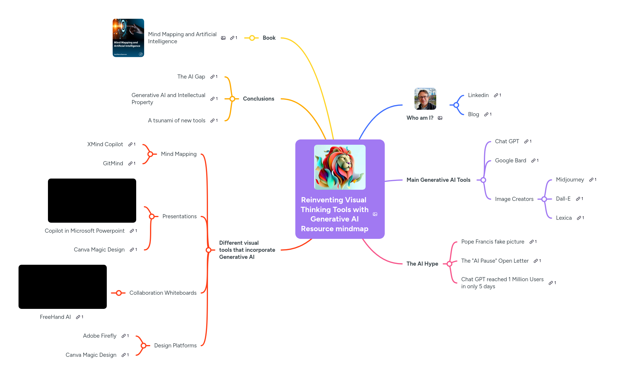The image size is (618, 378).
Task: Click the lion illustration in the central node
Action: pyautogui.click(x=340, y=167)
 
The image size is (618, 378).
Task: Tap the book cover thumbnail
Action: pyautogui.click(x=128, y=38)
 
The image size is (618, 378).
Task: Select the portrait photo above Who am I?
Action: pyautogui.click(x=425, y=99)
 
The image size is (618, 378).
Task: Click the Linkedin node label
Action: pyautogui.click(x=478, y=95)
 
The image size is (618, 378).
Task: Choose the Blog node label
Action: pyautogui.click(x=473, y=114)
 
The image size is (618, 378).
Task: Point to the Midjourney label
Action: pyautogui.click(x=570, y=180)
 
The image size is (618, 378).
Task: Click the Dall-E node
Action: pyautogui.click(x=563, y=199)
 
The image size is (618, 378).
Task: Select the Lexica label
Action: pyautogui.click(x=564, y=218)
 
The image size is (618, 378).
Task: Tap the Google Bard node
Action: pyautogui.click(x=510, y=161)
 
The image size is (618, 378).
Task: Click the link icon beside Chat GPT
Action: pyautogui.click(x=526, y=141)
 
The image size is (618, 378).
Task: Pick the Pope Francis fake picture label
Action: pyautogui.click(x=492, y=242)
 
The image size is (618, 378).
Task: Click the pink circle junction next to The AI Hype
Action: pyautogui.click(x=449, y=264)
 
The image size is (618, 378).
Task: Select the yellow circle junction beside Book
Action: pyautogui.click(x=252, y=38)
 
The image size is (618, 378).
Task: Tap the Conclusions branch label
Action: pyautogui.click(x=258, y=99)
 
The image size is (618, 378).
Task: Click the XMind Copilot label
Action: pyautogui.click(x=105, y=144)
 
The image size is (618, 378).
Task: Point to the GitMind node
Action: pyautogui.click(x=113, y=164)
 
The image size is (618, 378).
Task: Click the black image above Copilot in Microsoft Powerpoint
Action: pyautogui.click(x=92, y=201)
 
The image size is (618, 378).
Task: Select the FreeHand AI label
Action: pyautogui.click(x=55, y=317)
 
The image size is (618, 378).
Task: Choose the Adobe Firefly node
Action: pyautogui.click(x=100, y=336)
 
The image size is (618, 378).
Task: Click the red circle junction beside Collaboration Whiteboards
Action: pyautogui.click(x=119, y=293)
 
